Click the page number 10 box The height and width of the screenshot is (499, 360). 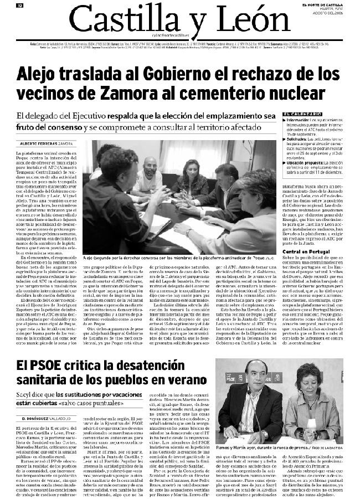click(19, 6)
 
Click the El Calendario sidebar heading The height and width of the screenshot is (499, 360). click(301, 114)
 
